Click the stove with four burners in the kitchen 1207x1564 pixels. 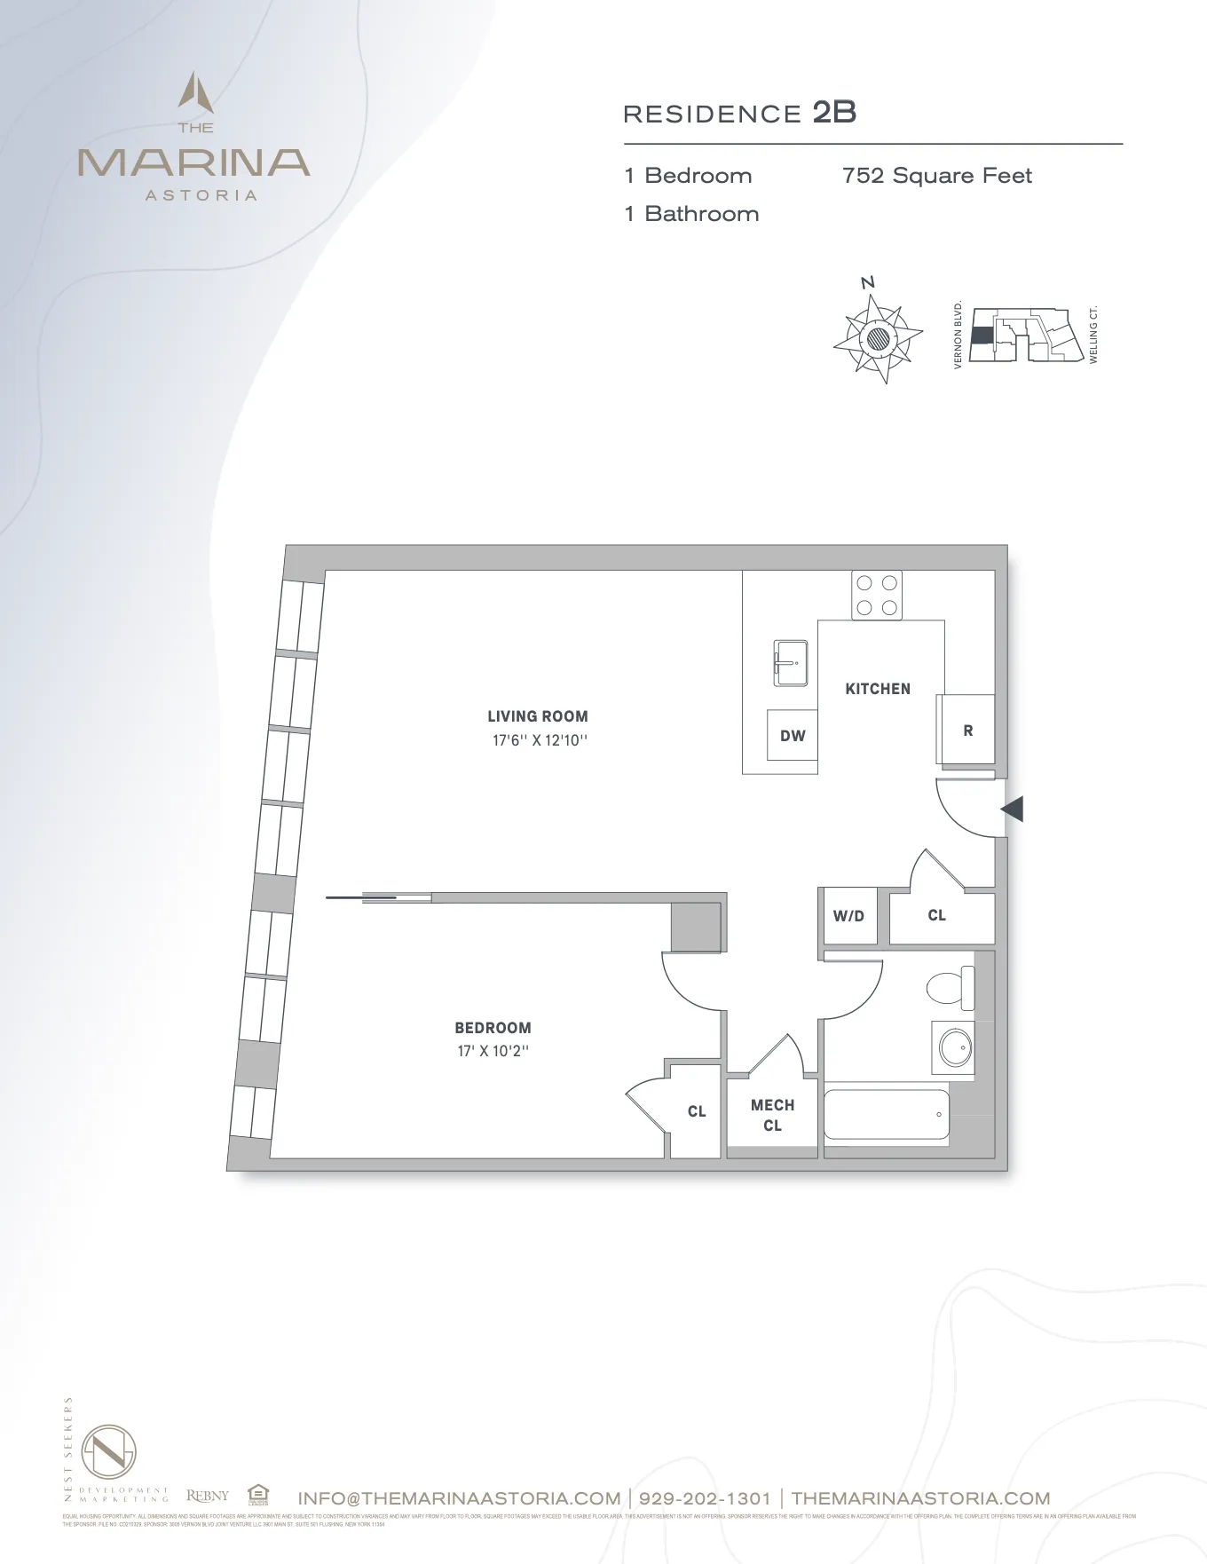pos(877,595)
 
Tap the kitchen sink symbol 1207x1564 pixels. pos(789,663)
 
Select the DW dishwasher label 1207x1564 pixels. pos(793,736)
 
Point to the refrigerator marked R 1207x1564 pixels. pos(967,731)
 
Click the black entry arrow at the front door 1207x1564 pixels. pos(1013,809)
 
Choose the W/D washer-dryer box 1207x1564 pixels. pos(848,916)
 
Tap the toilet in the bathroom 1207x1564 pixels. pos(950,987)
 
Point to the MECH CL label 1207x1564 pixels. pos(772,1115)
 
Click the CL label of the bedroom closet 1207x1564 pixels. pos(697,1111)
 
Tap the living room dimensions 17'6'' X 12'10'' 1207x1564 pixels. pos(540,740)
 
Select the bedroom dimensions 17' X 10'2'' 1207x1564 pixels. pos(493,1051)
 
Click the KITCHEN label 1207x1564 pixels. pos(878,689)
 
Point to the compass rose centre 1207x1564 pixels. pos(878,337)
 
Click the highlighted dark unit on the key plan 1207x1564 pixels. pos(982,336)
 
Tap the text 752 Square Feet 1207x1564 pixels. pos(937,176)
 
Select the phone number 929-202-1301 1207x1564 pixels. pos(705,1498)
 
